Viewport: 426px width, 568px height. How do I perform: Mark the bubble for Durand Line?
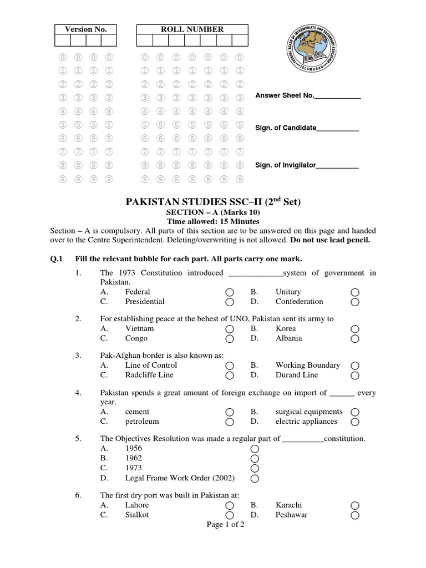(355, 376)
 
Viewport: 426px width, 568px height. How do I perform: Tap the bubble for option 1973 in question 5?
(255, 468)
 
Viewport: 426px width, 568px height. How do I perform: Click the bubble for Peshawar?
(355, 515)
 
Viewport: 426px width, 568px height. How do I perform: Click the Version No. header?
(85, 29)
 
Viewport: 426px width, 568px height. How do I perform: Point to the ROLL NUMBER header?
(192, 29)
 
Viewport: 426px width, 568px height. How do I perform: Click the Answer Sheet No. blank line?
(337, 97)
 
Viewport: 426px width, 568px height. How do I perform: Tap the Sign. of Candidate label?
(285, 128)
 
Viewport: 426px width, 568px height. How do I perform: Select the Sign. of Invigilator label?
(285, 165)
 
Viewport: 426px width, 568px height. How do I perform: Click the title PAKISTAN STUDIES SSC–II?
(212, 202)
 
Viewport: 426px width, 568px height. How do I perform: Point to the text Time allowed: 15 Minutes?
(213, 221)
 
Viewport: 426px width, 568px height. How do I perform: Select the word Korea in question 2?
(286, 328)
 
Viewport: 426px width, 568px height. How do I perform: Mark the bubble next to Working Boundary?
(355, 366)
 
